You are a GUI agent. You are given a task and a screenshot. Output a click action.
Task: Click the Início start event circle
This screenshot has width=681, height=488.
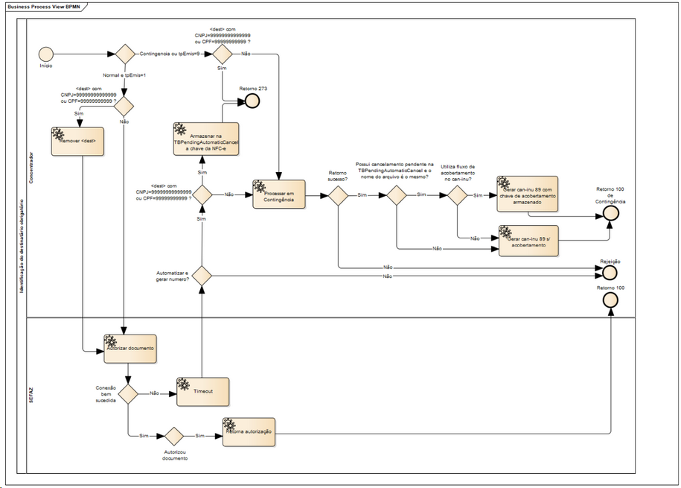tap(45, 54)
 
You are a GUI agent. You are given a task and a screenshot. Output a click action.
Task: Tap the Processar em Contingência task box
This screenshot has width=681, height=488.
tap(279, 194)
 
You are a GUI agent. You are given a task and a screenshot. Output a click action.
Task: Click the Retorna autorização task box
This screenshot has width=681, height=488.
tap(249, 432)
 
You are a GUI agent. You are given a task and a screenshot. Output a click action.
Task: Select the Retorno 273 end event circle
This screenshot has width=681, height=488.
tap(253, 101)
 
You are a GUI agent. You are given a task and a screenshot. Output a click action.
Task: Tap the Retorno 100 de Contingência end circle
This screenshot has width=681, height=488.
tap(611, 212)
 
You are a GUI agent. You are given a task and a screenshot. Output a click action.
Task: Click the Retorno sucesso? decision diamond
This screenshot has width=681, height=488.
tap(338, 195)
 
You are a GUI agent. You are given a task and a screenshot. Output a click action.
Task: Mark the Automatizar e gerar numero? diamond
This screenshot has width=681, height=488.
tap(202, 276)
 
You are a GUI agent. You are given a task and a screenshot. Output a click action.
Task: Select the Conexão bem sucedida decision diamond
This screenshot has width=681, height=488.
tap(129, 393)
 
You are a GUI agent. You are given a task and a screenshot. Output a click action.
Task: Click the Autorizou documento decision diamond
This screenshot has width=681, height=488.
tap(175, 436)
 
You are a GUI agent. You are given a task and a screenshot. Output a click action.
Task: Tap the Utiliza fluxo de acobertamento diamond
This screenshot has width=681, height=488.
tap(456, 195)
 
